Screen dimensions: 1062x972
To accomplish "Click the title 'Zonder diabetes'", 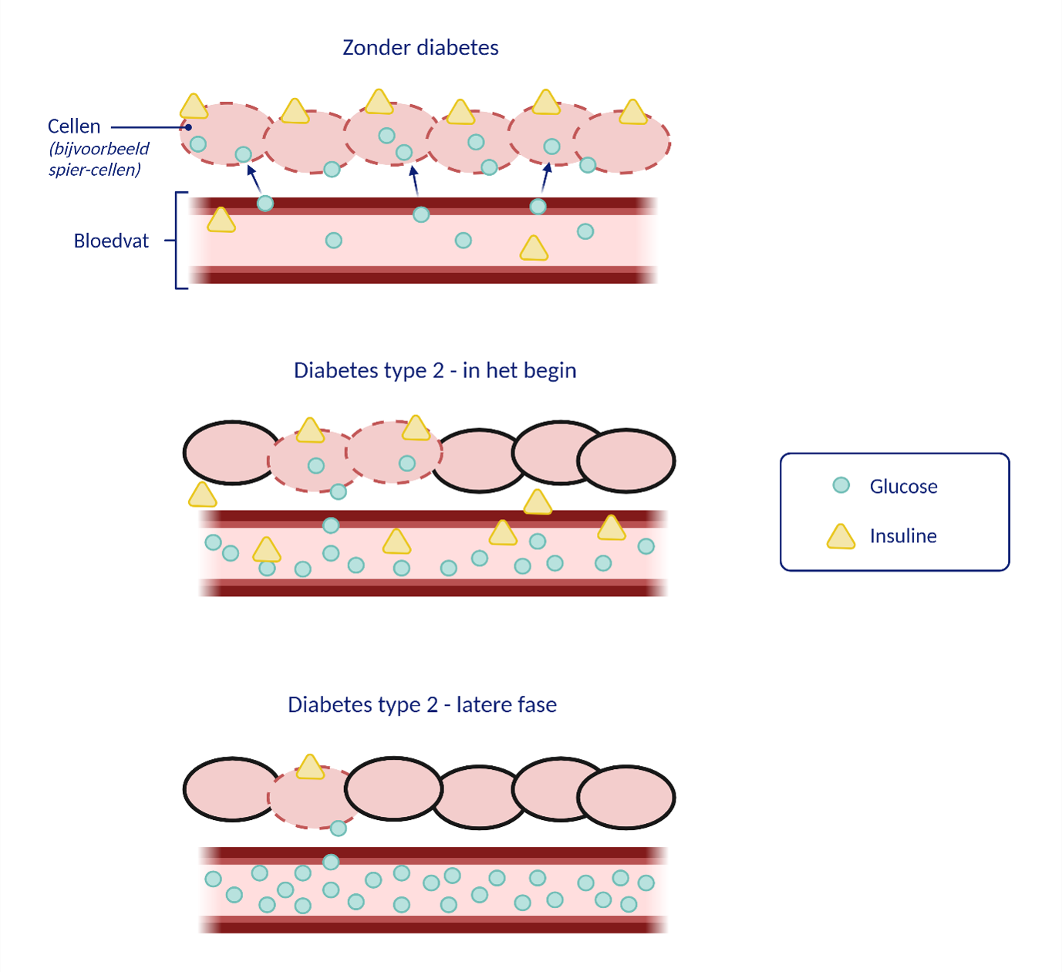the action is [420, 48].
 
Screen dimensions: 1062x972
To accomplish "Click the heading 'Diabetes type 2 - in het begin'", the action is [435, 371].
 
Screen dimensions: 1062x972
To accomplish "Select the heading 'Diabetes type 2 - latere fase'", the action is [422, 705].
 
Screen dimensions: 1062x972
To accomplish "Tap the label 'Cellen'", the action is [74, 126].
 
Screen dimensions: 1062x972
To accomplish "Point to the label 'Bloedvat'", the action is [111, 241].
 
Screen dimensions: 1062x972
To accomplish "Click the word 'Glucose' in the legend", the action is [903, 486].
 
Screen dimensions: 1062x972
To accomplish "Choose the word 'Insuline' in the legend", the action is [903, 536].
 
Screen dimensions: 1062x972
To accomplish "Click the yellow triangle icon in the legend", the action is [841, 537].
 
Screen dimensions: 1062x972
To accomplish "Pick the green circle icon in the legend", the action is [841, 484].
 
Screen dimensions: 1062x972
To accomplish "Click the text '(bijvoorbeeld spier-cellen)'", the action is [99, 159].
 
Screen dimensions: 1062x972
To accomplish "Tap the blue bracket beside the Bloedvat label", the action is [177, 241].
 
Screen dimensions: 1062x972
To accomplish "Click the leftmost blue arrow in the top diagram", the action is [254, 179].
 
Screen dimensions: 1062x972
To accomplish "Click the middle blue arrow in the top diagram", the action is [414, 181].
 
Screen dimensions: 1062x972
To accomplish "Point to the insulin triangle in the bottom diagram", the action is [310, 767].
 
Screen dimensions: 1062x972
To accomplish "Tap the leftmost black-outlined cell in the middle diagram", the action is [232, 453].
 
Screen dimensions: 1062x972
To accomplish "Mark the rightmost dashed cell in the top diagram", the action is [622, 142].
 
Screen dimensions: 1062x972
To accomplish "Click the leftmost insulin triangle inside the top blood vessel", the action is [221, 220].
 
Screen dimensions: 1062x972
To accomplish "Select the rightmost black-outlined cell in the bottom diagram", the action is [625, 797].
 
